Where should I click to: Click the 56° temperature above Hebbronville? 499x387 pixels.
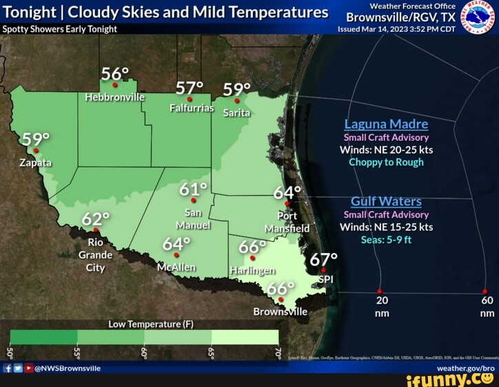pos(115,75)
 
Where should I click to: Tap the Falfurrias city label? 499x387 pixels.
pos(192,108)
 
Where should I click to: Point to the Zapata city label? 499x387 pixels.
pos(35,163)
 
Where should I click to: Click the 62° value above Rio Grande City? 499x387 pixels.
pos(96,219)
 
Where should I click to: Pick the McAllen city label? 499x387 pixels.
pos(176,267)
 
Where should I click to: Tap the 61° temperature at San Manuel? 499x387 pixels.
pos(194,190)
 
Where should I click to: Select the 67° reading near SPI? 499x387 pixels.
pos(323,260)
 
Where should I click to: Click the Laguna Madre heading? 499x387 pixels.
pos(386,124)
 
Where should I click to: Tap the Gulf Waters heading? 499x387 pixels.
pos(386,201)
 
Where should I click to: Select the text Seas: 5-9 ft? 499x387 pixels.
pos(386,240)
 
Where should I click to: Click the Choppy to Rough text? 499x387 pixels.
pos(386,162)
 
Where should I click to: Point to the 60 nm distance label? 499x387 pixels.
pos(487,306)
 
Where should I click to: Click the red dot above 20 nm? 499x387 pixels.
pos(379,291)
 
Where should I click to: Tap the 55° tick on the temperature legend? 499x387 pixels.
pos(77,353)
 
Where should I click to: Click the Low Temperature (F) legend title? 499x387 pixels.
pos(151,324)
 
